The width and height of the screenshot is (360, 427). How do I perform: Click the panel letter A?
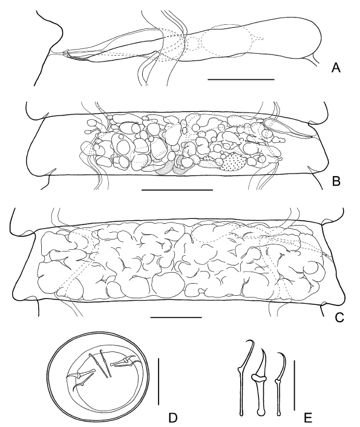point(336,67)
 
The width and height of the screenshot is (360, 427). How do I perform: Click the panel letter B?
point(336,181)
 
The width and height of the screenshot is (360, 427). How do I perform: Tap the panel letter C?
point(339,318)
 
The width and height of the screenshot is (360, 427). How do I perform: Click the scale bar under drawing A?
point(241,79)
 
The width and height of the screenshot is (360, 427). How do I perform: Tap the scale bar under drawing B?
point(177,189)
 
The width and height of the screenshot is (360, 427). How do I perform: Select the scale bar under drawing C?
point(176,318)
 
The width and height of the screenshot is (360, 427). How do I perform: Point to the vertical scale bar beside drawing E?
point(295,383)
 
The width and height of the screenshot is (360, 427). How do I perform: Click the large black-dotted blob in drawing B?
point(235,161)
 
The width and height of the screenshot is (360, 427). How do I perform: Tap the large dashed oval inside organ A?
point(224,41)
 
